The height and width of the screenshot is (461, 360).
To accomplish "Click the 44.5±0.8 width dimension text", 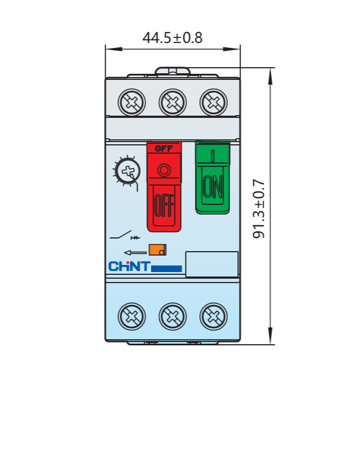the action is [172, 37].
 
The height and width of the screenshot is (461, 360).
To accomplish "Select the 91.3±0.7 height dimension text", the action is [259, 209].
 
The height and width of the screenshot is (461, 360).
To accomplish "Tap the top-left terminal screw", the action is [132, 102].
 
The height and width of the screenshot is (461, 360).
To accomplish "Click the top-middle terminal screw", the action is [172, 102].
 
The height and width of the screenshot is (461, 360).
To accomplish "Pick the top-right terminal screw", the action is [214, 102].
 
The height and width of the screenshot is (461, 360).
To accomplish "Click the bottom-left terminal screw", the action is [132, 316].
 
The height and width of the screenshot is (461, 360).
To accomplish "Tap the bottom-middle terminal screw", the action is [172, 316].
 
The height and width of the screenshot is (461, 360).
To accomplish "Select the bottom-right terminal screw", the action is [214, 316].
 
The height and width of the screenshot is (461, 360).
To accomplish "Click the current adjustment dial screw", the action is [128, 171].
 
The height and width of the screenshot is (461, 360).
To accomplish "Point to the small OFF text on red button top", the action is [164, 149].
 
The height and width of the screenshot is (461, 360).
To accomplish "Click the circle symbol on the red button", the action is [164, 170].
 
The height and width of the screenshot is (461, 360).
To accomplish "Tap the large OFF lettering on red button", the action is [164, 205].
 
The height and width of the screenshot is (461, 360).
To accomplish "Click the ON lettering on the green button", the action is [212, 186].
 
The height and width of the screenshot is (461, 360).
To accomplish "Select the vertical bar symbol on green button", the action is [212, 156].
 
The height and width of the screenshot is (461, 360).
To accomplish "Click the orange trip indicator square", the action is [157, 250].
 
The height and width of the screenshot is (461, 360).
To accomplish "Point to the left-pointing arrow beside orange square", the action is [135, 253].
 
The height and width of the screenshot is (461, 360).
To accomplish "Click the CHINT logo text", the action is [129, 266].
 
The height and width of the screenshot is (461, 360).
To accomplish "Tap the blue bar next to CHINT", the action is [166, 269].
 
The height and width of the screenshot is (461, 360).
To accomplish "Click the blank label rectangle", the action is [212, 264].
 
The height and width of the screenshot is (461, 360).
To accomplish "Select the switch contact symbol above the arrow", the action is [125, 235].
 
